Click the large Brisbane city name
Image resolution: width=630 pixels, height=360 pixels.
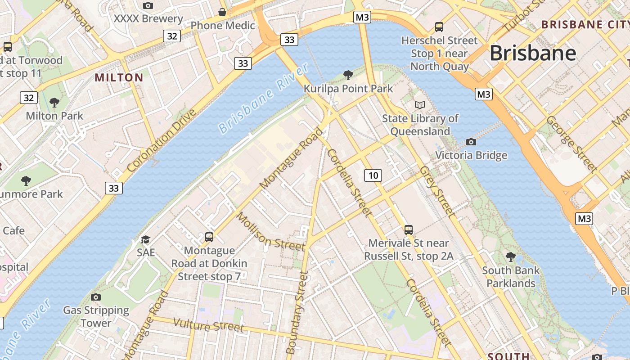pos(532,53)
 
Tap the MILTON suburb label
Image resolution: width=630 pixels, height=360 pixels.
pos(119,77)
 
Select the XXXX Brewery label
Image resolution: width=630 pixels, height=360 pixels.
pos(148,19)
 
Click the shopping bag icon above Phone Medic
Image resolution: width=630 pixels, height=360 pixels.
pos(222,12)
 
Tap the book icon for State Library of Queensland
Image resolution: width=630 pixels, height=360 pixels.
pos(419,105)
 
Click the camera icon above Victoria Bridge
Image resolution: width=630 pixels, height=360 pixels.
pos(471,142)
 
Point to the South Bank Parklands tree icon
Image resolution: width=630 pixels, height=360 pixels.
pos(510,257)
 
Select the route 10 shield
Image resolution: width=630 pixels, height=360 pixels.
pos(373,175)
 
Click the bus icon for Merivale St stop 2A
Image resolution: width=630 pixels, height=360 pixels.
pos(408,230)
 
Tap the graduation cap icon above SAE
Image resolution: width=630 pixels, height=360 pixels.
pos(145,239)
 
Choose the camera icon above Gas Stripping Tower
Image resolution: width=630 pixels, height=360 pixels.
pos(95,297)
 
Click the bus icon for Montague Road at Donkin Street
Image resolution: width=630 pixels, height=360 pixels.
pos(209,237)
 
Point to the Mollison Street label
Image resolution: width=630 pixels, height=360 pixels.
pos(270,232)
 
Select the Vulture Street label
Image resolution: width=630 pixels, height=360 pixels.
pos(208,325)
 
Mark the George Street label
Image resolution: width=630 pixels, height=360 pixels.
pos(571,144)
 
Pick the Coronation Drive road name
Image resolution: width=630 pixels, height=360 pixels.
pos(162,140)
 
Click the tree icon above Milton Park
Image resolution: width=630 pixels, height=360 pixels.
pos(54,103)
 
